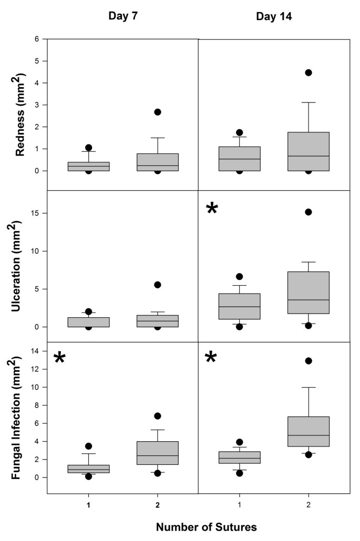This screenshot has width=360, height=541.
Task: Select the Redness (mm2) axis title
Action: coord(21,115)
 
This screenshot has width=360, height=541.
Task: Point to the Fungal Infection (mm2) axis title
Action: coord(21,418)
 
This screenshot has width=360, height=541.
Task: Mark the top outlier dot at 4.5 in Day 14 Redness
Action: coord(308,72)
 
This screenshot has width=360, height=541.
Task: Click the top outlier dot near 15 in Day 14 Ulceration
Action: coord(308,212)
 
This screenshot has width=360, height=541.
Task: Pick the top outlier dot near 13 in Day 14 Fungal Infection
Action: coord(308,361)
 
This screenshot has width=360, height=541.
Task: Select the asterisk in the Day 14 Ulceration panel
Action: coord(212,209)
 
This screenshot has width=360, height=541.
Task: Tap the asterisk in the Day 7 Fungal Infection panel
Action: coord(60,359)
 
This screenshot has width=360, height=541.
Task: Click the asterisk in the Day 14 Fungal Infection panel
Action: coord(211,358)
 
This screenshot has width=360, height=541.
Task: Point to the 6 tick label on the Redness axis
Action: coord(36,39)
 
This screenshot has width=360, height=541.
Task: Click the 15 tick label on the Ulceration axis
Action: coord(35,213)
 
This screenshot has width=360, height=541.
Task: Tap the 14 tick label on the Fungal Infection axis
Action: coord(35,351)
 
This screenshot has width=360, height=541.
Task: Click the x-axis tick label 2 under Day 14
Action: coord(308,505)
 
